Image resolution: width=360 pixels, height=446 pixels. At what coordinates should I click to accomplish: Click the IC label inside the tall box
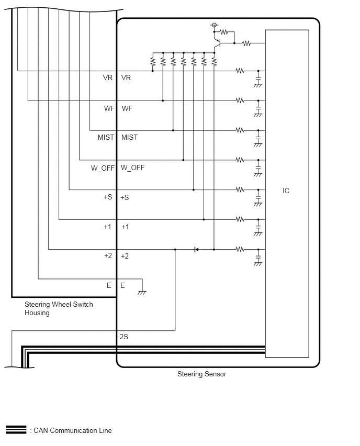tap(286, 191)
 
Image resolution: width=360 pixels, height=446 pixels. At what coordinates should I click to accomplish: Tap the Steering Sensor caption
tap(201, 374)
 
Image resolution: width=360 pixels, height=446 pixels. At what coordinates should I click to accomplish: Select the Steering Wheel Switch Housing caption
tap(59, 309)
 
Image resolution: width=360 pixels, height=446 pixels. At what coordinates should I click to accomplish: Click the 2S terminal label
tap(124, 337)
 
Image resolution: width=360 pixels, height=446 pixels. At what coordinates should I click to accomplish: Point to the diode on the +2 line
tap(196, 250)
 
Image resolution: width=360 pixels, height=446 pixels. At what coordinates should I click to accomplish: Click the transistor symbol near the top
tap(217, 43)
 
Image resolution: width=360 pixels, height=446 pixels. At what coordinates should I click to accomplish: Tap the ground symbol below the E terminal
tap(142, 292)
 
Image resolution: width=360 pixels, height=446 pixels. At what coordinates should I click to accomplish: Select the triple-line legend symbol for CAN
tap(16, 430)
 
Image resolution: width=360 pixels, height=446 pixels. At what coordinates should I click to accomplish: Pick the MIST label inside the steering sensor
tap(129, 137)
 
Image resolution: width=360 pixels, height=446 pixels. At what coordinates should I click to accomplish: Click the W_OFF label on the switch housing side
tap(103, 168)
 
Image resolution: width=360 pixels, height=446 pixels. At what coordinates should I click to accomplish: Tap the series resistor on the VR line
tap(240, 71)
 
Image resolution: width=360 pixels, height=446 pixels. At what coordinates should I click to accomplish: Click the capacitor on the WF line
tap(258, 109)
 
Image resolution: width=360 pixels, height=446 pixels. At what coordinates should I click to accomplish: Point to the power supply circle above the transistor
tap(215, 25)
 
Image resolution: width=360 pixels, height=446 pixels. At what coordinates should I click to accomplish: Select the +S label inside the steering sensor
tap(125, 197)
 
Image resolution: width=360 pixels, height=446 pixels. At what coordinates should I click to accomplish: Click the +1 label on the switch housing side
tap(107, 227)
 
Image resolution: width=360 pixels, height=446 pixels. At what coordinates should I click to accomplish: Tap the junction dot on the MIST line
tap(173, 130)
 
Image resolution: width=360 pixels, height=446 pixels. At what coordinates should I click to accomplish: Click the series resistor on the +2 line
tap(240, 250)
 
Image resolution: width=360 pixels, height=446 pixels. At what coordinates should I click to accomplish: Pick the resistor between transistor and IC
tap(246, 43)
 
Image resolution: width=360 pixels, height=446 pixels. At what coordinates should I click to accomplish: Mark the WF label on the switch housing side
tap(109, 108)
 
